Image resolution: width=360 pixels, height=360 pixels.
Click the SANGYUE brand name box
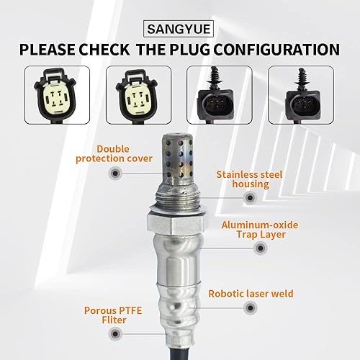pyautogui.click(x=179, y=30)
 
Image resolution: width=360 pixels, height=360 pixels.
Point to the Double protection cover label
pyautogui.click(x=114, y=153)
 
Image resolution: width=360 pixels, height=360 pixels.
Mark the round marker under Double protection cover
pyautogui.click(x=114, y=174)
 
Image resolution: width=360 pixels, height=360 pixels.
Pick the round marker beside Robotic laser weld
pyautogui.click(x=199, y=294)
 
